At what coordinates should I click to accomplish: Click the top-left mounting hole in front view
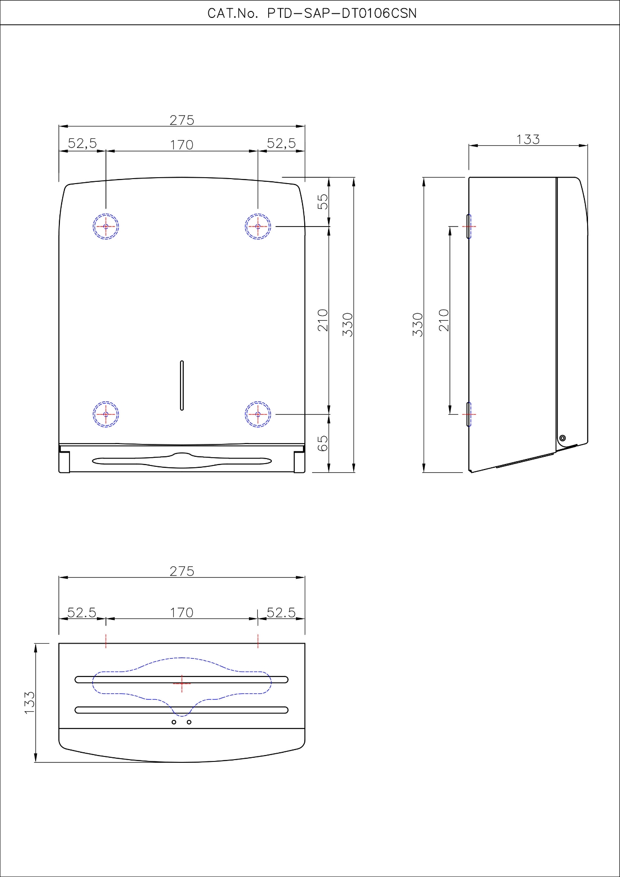point(106,227)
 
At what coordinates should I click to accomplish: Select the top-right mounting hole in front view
point(258,227)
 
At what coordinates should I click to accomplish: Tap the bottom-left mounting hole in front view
point(106,414)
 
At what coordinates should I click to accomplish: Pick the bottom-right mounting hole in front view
point(258,414)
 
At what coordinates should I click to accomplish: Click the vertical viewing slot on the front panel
point(182,386)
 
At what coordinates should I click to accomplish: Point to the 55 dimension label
point(323,201)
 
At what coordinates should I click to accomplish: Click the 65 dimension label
point(323,443)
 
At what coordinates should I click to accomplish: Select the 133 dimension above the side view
point(528,139)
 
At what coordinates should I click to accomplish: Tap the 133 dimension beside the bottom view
point(29,703)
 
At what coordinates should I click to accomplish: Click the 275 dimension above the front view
point(182,120)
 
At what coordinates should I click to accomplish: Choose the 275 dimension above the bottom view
point(182,571)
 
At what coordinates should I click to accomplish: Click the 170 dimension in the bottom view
point(182,613)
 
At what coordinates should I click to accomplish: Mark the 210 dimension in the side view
point(444,320)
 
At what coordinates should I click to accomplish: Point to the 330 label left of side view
point(418,325)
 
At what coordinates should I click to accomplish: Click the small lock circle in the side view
point(562,438)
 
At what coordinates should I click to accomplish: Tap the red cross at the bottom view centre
point(182,683)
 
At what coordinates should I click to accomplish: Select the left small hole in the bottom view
point(174,722)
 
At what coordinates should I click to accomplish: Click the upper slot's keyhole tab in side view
point(469,226)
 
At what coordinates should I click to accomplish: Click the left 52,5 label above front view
point(82,143)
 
